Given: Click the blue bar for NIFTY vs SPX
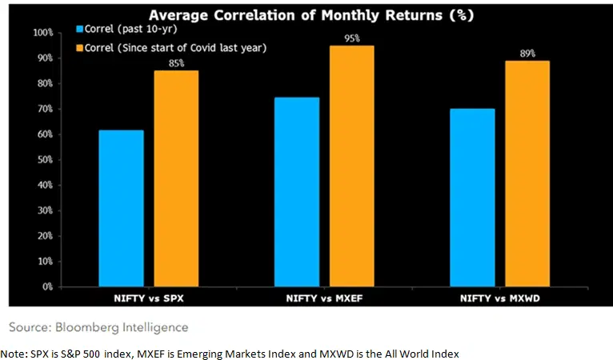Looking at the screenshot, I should (122, 208).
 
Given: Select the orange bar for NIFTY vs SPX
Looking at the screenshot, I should (176, 178).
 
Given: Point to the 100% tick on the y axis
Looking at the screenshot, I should (43, 33).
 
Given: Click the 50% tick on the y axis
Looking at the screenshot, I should (45, 159).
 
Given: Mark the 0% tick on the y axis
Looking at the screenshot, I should (47, 286).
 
